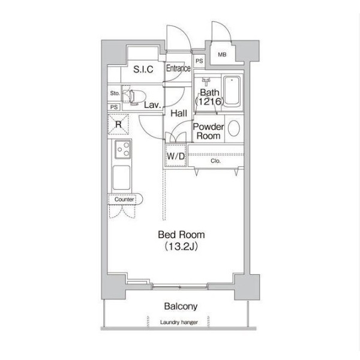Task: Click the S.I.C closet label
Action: (x=143, y=69)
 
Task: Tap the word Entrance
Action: (x=178, y=68)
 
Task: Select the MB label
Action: (x=222, y=55)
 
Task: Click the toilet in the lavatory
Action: (x=135, y=97)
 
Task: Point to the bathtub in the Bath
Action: (x=232, y=92)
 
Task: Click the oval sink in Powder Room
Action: (x=234, y=128)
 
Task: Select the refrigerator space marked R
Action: (x=118, y=124)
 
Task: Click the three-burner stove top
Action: (x=123, y=149)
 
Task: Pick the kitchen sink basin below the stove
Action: (x=121, y=178)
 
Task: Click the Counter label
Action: (x=124, y=199)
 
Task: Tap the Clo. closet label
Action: (x=215, y=161)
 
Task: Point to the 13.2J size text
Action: (x=181, y=247)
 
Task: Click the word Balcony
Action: (x=181, y=306)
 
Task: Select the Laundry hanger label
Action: (x=179, y=322)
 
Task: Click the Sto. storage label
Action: (x=115, y=93)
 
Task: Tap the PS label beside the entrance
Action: (x=199, y=61)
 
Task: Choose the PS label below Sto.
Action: (x=114, y=107)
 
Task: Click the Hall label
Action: (x=179, y=113)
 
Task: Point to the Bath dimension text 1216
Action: (x=209, y=101)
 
